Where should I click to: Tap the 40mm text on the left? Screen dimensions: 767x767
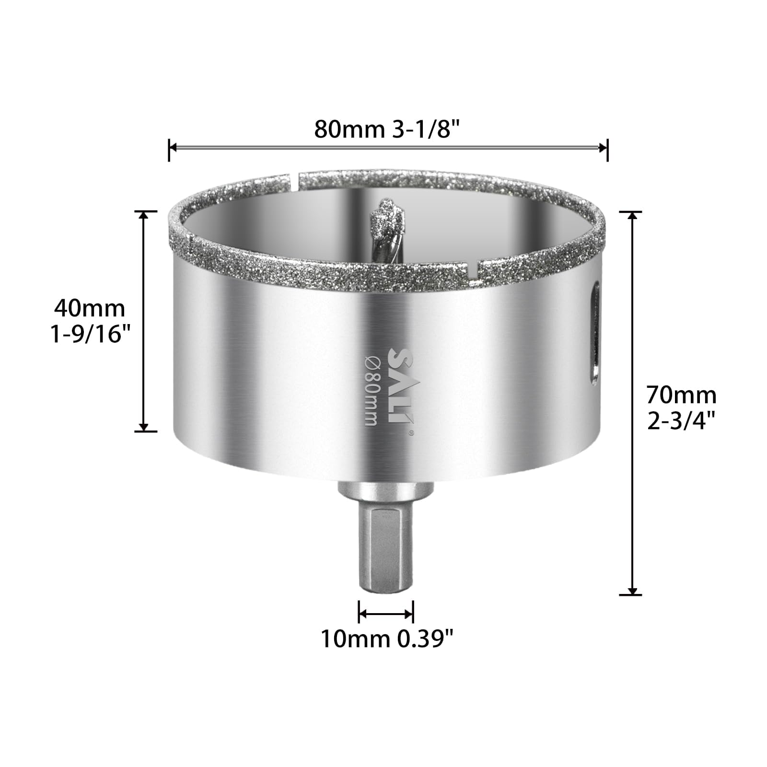click(90, 308)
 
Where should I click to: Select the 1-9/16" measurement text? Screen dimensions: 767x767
click(91, 334)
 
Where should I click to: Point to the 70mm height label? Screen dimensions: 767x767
click(681, 395)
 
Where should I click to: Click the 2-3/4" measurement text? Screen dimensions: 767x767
click(681, 421)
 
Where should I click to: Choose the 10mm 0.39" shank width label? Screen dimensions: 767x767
click(386, 639)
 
